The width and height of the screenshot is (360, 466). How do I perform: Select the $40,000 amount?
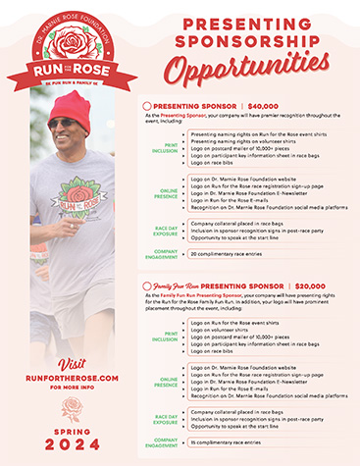click(x=257, y=105)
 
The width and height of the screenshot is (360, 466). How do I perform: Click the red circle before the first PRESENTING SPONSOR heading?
click(x=147, y=105)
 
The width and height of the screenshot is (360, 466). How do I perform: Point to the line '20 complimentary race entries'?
click(x=227, y=252)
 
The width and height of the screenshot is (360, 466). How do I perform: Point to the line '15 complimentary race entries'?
click(x=227, y=442)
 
